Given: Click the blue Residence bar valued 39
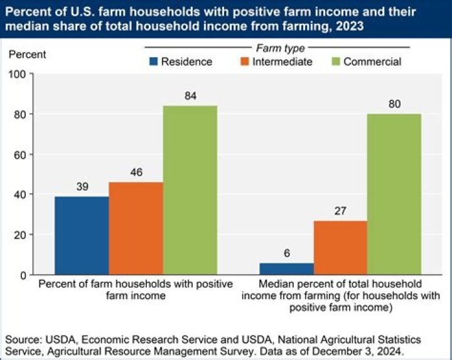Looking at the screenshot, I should point(82,235).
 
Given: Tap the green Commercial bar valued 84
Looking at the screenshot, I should point(190,190).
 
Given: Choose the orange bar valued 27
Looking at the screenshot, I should point(340,247).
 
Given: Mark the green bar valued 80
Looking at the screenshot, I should point(394,194).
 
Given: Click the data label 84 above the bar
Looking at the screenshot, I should point(190,95).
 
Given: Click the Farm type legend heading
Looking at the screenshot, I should point(280,48).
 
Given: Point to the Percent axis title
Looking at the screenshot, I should point(27,54).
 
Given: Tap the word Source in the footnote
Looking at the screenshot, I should point(21,339).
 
